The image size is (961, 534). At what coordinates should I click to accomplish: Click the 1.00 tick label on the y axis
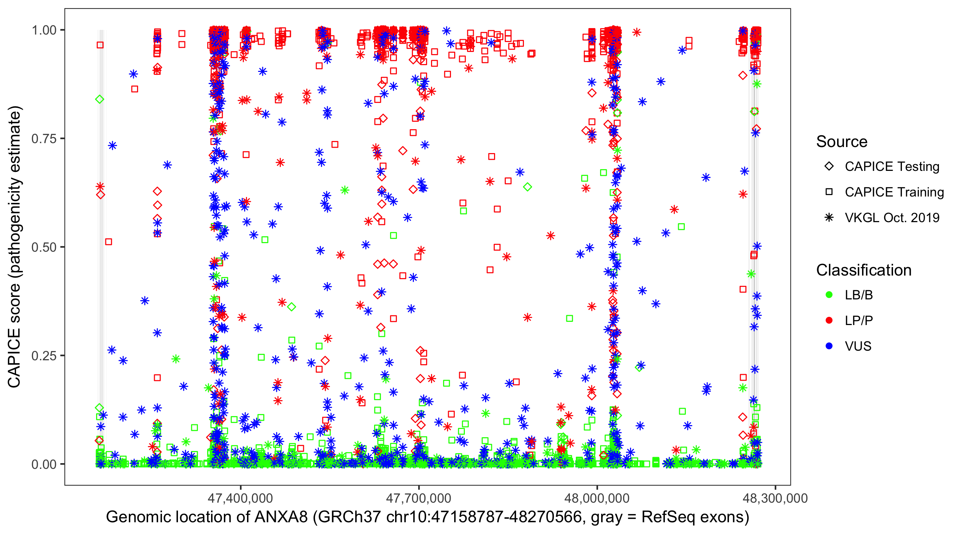[x=44, y=30]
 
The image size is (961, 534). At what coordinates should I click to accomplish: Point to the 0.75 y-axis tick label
[x=44, y=138]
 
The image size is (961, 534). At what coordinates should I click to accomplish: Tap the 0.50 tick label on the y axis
[x=44, y=247]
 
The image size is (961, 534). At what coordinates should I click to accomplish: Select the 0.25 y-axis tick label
[x=44, y=356]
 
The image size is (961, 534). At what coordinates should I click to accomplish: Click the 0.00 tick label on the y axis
[x=44, y=464]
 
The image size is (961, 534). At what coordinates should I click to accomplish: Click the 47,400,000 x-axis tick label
[x=240, y=498]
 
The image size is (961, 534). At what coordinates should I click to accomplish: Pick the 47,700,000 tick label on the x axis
[x=419, y=498]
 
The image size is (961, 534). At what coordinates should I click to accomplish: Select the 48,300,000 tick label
[x=775, y=498]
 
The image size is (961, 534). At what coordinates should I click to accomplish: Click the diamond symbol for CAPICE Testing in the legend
[x=829, y=167]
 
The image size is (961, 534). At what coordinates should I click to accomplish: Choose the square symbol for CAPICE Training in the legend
[x=829, y=192]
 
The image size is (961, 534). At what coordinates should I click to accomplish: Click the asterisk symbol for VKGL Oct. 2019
[x=829, y=218]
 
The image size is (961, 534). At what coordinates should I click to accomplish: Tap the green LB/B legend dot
[x=829, y=295]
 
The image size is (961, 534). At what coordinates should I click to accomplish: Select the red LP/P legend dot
[x=829, y=320]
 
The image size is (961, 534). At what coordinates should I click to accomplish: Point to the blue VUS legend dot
[x=829, y=346]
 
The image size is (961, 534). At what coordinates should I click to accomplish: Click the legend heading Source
[x=842, y=142]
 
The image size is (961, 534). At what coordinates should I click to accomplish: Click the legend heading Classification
[x=863, y=270]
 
